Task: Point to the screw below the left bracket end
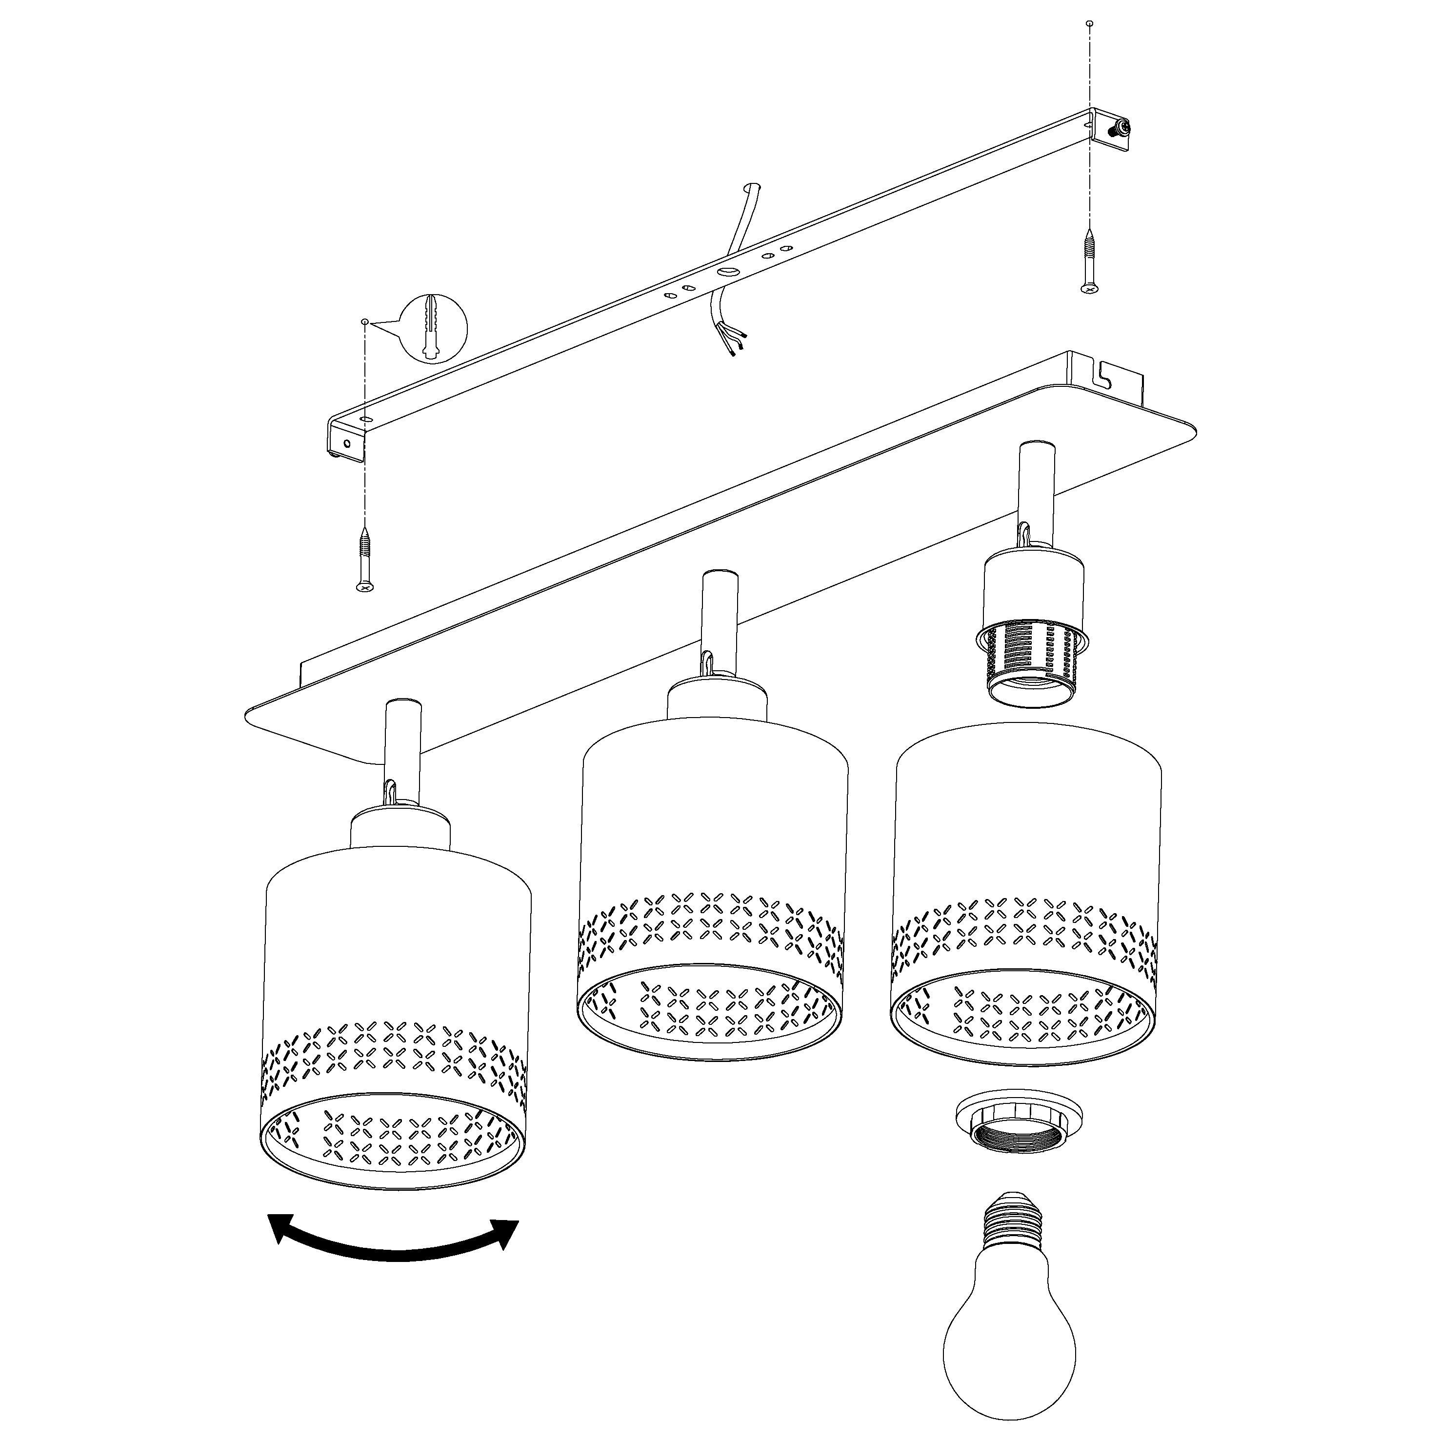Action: (365, 560)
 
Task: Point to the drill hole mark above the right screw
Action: (1090, 24)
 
